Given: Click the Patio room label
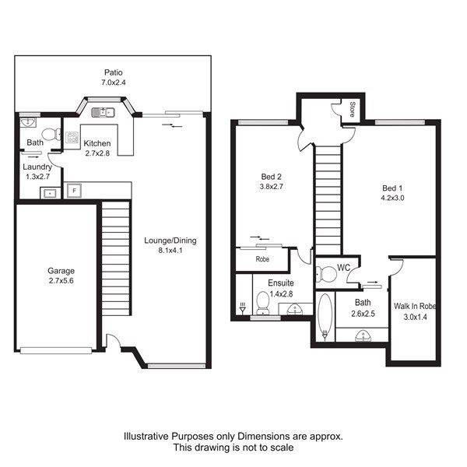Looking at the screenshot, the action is click(113, 72).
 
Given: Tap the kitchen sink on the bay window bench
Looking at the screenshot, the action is click(103, 112).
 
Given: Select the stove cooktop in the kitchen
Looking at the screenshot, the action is click(72, 138).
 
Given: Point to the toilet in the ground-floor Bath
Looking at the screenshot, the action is click(51, 135).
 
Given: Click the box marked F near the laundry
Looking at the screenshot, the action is click(74, 191).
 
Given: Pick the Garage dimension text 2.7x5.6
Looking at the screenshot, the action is click(61, 280).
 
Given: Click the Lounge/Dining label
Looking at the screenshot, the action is click(170, 241).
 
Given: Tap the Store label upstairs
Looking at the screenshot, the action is click(352, 109).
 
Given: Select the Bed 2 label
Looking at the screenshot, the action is click(271, 177).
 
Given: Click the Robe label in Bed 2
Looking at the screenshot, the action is click(262, 259).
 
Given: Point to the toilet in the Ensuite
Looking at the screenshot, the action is click(263, 303).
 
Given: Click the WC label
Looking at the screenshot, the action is click(343, 268).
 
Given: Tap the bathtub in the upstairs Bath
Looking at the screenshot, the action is click(325, 317).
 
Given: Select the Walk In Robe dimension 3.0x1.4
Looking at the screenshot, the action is click(415, 318).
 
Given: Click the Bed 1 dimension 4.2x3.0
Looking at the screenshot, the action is click(392, 198).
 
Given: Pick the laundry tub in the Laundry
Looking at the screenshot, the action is click(50, 193).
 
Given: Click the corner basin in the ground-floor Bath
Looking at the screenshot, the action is click(28, 122).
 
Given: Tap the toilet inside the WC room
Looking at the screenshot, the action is click(325, 274).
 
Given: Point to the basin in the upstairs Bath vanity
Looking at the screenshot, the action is click(363, 335).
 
